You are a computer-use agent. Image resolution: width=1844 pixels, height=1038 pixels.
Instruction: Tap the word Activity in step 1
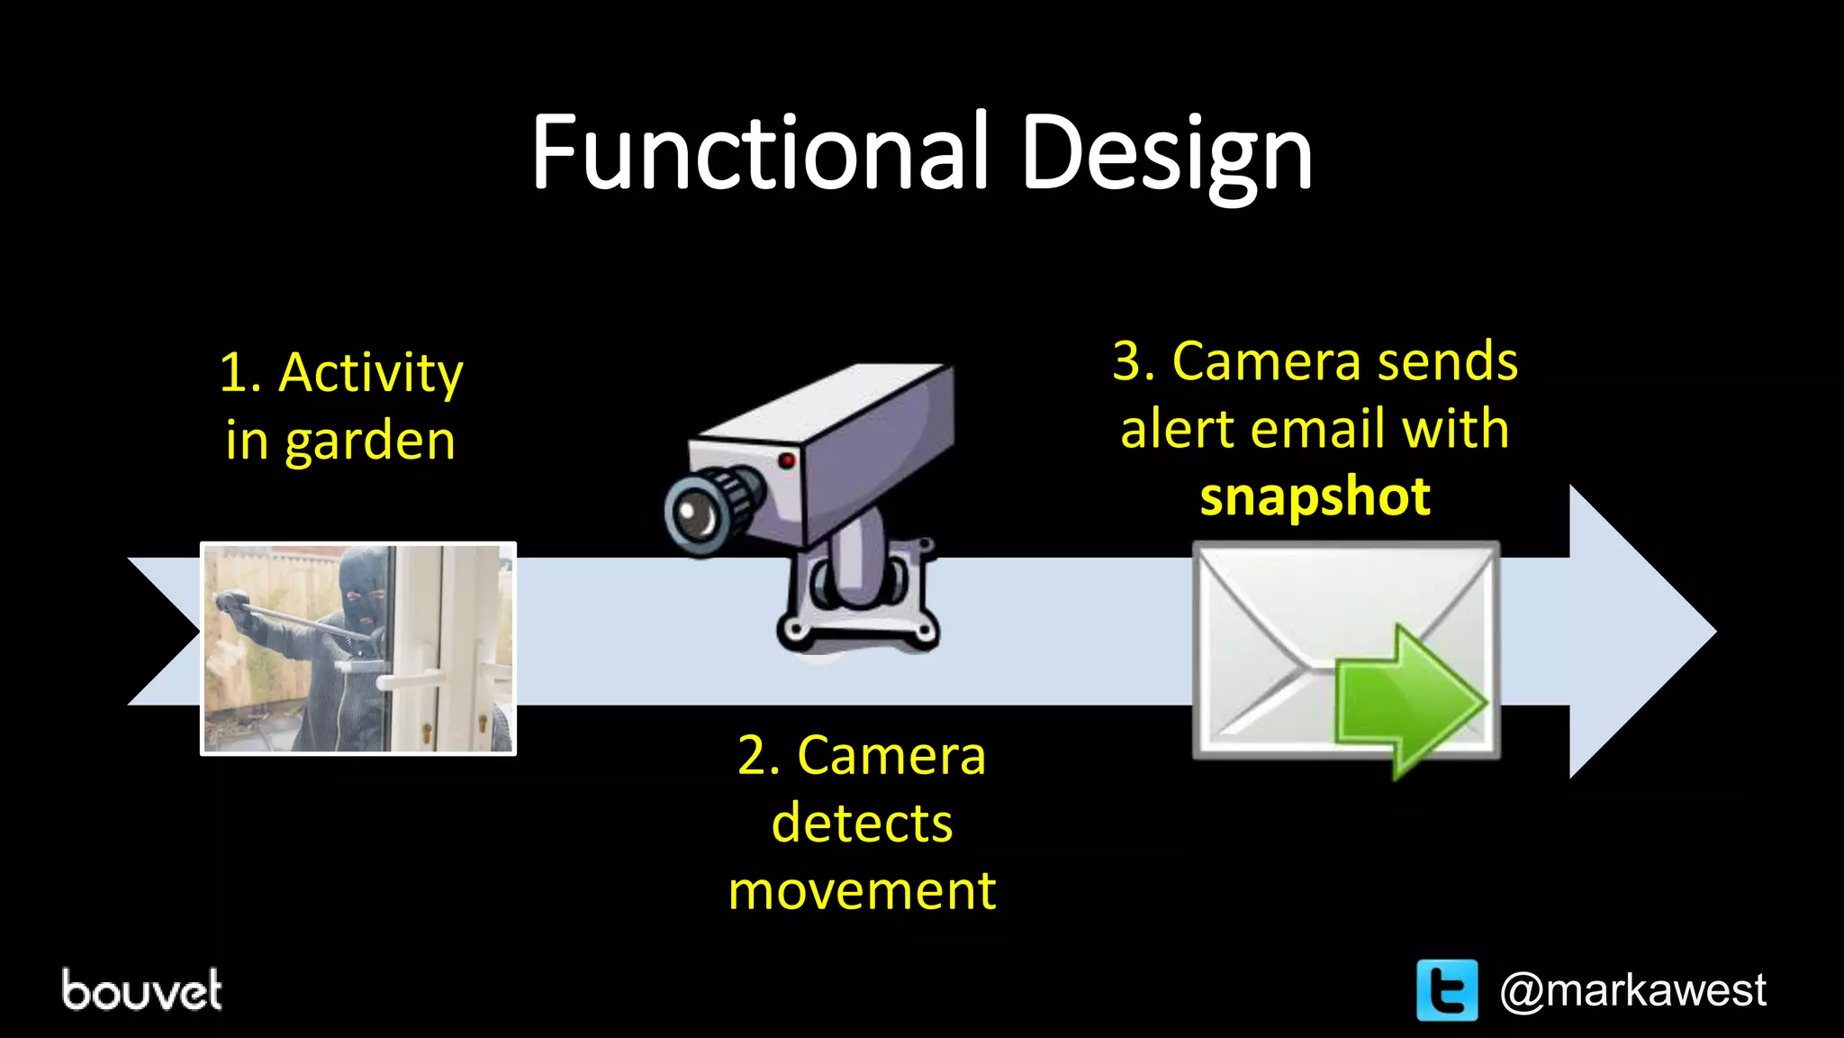371,372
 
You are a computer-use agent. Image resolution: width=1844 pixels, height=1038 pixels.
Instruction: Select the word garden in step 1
370,442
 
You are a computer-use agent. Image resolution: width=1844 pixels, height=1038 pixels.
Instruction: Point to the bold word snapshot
1315,496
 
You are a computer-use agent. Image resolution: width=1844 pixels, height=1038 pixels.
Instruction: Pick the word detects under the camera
862,823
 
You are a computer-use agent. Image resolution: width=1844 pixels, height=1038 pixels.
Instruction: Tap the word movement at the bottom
862,891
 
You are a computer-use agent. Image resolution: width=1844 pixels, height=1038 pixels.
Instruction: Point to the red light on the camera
787,461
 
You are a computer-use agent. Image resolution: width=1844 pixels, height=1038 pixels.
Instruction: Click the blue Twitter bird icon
1447,990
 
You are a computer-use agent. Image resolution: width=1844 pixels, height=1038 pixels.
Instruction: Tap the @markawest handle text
1632,990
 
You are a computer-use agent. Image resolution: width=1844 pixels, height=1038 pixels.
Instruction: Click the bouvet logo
141,990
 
